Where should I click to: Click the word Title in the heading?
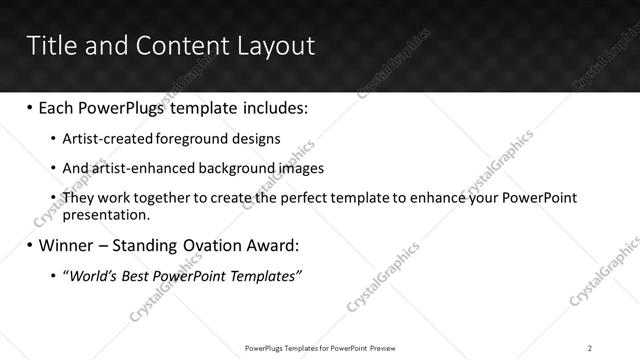click(x=50, y=46)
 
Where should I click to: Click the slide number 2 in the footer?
click(x=590, y=347)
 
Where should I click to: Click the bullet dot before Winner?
click(x=29, y=245)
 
